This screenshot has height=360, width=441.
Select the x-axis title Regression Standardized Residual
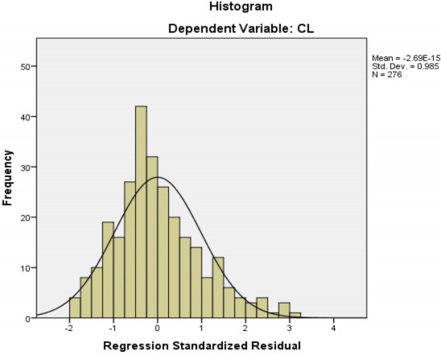(x=201, y=347)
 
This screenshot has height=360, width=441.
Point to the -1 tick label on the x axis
(x=112, y=328)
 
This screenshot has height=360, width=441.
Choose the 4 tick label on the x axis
(x=334, y=328)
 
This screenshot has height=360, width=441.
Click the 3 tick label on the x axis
(x=290, y=328)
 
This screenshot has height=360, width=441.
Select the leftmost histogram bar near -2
(x=75, y=308)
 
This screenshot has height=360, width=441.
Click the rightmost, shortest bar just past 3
(x=295, y=315)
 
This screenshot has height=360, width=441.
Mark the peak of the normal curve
(x=157, y=177)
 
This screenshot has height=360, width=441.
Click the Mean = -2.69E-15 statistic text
(x=405, y=58)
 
